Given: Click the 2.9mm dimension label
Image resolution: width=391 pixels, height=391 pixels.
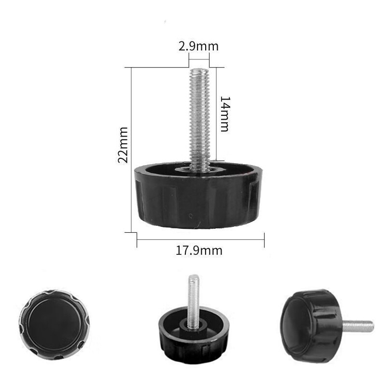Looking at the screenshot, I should [x=198, y=47].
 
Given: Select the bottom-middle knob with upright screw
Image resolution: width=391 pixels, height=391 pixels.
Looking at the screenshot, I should [x=193, y=333].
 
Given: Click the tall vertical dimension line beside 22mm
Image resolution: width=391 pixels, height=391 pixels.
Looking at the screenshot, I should [x=132, y=150].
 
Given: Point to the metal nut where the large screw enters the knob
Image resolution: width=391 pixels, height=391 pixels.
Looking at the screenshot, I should [x=199, y=169].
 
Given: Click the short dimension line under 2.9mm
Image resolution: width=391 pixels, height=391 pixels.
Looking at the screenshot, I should [x=198, y=59].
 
